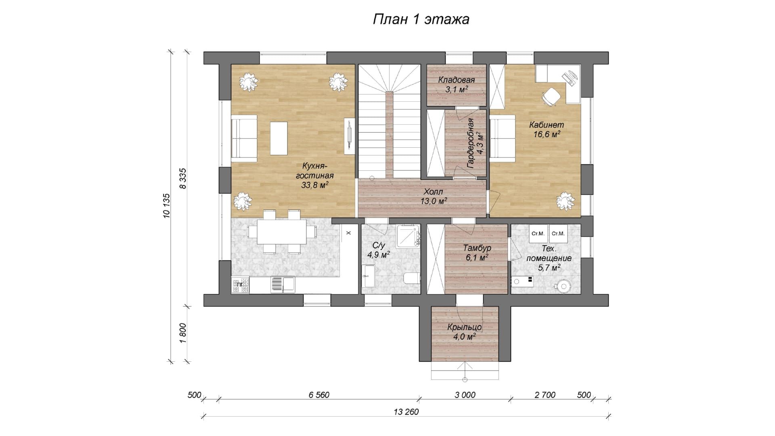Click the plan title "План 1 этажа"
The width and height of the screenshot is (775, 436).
pyautogui.click(x=421, y=19)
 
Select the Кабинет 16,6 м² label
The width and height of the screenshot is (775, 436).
pyautogui.click(x=547, y=130)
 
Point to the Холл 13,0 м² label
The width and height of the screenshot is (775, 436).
pyautogui.click(x=434, y=196)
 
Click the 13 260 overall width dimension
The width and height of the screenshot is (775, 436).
pyautogui.click(x=406, y=412)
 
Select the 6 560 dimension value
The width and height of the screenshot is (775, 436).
pyautogui.click(x=319, y=395)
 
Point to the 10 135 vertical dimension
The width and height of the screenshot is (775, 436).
pyautogui.click(x=167, y=206)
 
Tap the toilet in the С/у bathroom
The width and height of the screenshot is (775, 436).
pyautogui.click(x=411, y=278)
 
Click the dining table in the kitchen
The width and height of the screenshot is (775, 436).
pyautogui.click(x=282, y=232)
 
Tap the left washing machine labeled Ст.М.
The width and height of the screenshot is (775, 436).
pyautogui.click(x=538, y=234)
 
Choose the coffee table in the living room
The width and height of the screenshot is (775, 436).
pyautogui.click(x=279, y=138)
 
